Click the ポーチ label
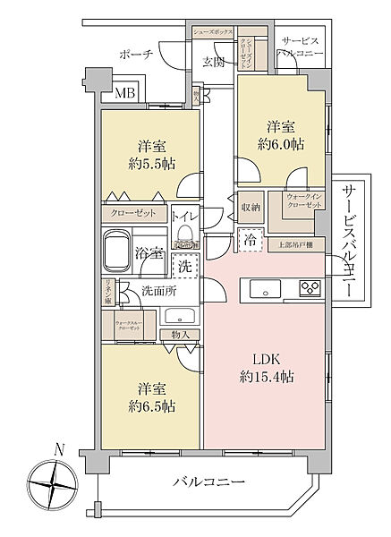point(135,55)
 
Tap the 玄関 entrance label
point(213,61)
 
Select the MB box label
point(121,92)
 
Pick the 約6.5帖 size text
point(150,405)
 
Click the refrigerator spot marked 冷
point(251,240)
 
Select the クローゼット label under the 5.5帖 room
point(133,213)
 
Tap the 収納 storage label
point(251,207)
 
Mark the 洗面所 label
point(157,291)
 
